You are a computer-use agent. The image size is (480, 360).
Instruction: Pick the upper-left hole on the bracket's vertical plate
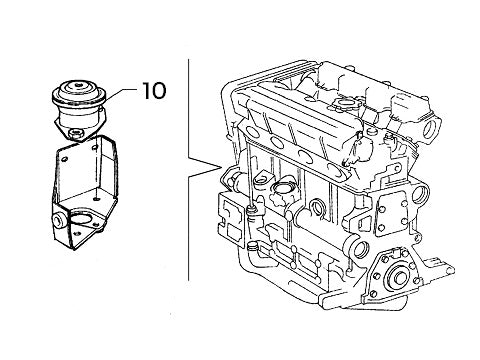pos(63,156)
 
